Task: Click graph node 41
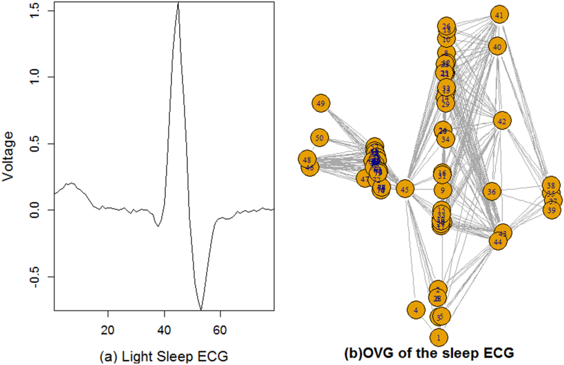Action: pos(499,15)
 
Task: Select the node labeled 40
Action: pos(497,47)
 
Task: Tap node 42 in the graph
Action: pos(502,121)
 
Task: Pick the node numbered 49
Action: pos(320,104)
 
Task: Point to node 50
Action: pos(320,138)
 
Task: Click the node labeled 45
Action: pos(405,189)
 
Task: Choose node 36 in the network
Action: pos(492,192)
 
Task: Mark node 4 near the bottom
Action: pos(416,310)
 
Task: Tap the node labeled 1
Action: pos(439,338)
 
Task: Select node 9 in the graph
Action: pos(443,191)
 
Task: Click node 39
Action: pos(552,210)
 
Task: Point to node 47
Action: pos(365,179)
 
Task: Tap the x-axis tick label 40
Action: pos(164,330)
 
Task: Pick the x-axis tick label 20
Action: pos(108,330)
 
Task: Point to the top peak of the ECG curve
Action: pos(178,3)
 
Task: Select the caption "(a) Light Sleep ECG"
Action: pos(164,356)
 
